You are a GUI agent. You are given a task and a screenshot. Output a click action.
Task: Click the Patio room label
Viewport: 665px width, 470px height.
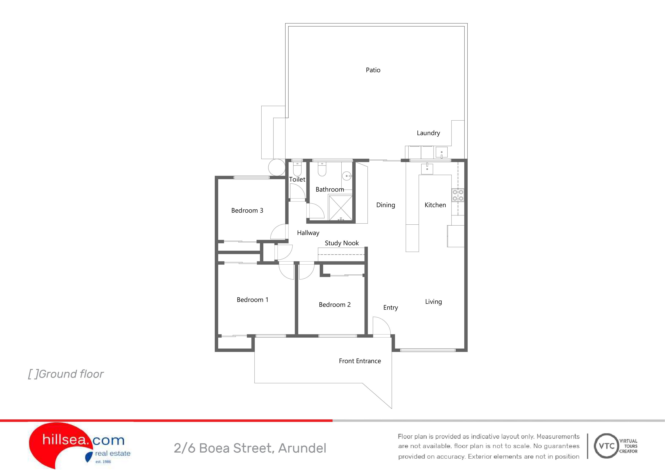point(373,70)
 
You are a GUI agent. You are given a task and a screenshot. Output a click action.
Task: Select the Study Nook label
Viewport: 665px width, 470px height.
point(342,243)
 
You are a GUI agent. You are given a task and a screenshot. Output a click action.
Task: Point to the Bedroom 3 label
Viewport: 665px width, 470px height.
point(247,211)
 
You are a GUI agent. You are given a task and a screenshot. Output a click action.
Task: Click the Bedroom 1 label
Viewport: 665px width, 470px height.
point(253,300)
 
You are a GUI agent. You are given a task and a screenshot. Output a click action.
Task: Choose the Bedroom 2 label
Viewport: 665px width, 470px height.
point(335,305)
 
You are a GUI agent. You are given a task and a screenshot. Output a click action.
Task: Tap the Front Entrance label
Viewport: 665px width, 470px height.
point(360,361)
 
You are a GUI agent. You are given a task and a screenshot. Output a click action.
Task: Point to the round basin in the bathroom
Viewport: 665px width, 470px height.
point(347,176)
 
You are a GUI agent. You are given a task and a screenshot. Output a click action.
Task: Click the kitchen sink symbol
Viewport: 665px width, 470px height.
point(427,168)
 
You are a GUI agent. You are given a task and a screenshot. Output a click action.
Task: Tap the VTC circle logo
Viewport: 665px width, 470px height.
point(606,446)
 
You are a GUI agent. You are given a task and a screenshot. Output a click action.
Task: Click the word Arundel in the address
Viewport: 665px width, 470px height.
point(302,448)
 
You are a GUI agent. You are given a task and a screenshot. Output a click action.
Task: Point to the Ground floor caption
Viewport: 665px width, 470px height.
point(66,374)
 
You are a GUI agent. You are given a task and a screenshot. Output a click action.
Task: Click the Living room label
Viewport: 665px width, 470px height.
point(434,302)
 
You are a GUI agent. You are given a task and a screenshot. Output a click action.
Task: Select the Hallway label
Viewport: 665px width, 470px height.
point(308,233)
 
